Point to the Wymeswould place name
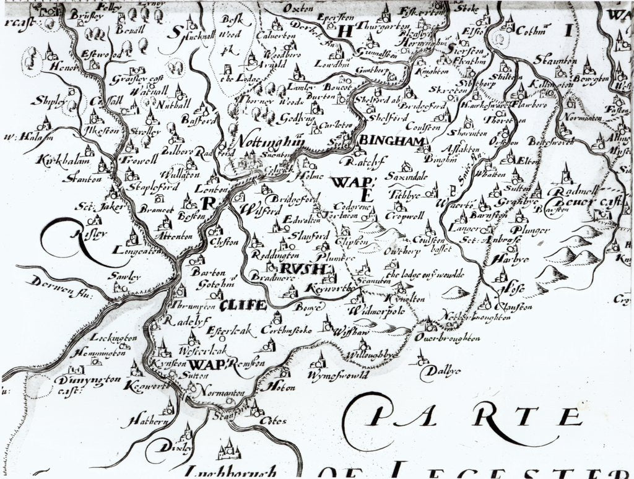(x=337, y=375)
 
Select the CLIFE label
(x=243, y=304)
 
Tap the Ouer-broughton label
(x=449, y=339)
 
